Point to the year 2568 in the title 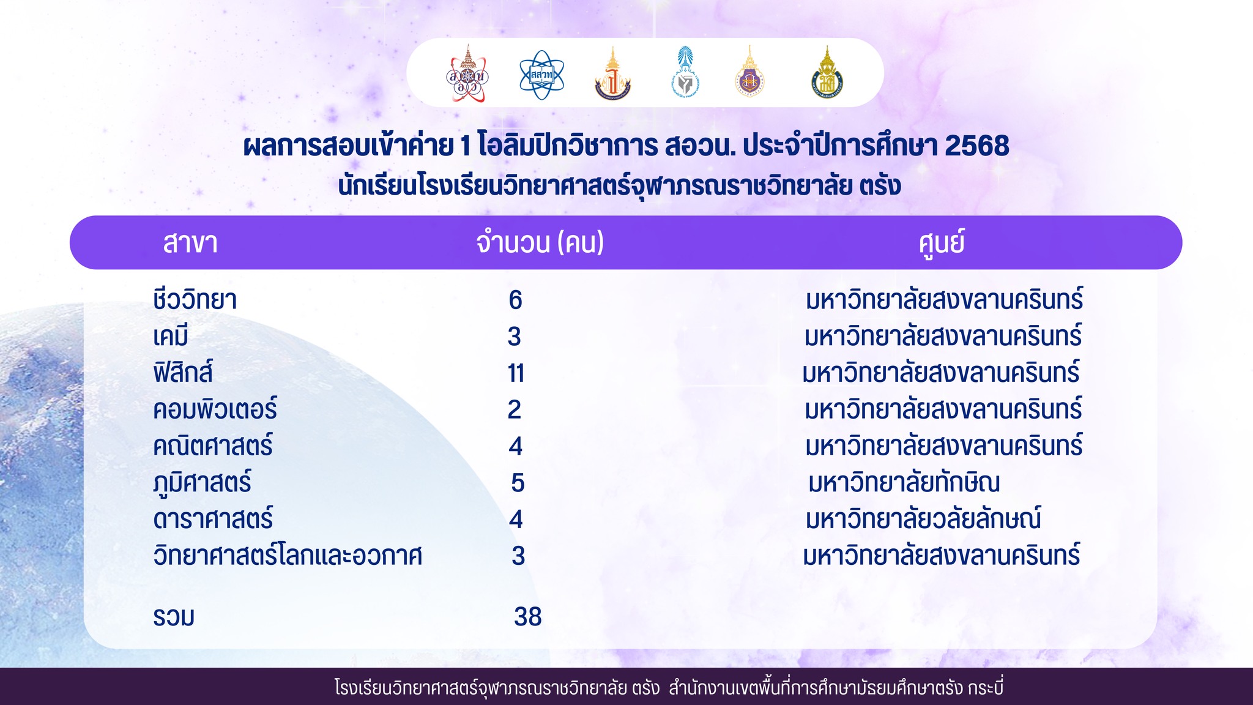tap(977, 146)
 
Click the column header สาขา tap(190, 243)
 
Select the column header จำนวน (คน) tap(540, 242)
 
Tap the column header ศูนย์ tap(942, 242)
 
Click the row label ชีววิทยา tap(195, 300)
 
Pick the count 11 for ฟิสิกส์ tap(516, 373)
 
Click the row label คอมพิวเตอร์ tap(215, 409)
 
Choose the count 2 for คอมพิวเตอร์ tap(515, 409)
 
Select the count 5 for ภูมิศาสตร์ tap(518, 483)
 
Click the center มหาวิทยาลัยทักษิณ tap(904, 482)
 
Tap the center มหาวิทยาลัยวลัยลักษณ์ tap(923, 518)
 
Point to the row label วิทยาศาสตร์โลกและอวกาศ tap(288, 556)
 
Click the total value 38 tap(528, 616)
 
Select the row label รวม tap(174, 617)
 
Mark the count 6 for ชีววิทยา tap(516, 300)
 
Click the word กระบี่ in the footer tap(986, 687)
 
